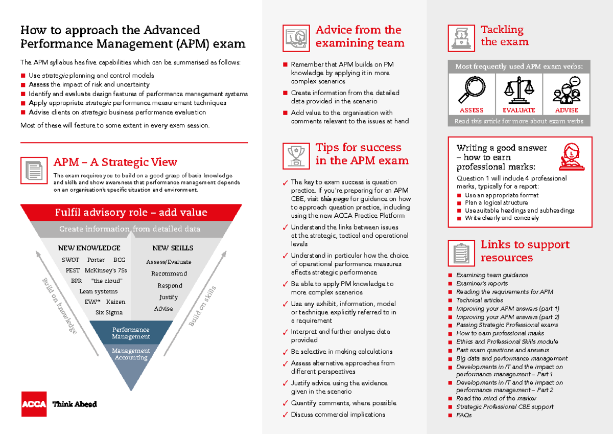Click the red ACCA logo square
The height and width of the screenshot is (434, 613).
33,404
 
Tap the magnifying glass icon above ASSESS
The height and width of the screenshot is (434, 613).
471,91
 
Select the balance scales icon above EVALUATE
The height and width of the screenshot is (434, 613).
518,91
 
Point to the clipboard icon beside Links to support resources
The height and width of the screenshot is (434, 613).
461,253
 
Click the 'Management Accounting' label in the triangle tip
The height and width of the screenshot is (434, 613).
131,354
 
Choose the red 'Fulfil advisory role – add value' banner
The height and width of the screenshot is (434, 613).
131,212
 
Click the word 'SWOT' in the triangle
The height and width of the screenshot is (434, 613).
70,260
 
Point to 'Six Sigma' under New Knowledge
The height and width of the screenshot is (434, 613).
109,312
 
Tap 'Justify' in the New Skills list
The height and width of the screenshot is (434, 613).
168,297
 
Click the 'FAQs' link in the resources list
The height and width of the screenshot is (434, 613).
464,415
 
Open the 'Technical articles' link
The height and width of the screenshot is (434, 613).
479,300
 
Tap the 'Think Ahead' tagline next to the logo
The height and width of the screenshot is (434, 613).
75,404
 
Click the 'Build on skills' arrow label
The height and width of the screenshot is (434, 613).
202,307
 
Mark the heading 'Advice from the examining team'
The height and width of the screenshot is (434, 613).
359,36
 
